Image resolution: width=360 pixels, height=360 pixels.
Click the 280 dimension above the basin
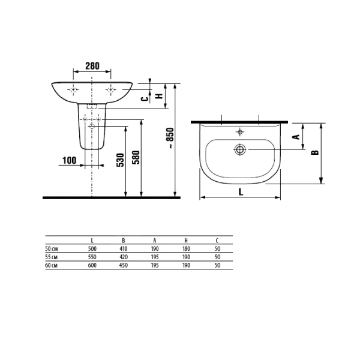point(92,66)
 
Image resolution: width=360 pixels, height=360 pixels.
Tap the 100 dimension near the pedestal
point(70,160)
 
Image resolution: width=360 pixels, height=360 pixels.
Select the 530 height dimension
point(121,160)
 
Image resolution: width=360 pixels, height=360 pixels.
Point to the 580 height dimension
point(136,157)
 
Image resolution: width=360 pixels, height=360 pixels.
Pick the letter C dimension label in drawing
point(145,99)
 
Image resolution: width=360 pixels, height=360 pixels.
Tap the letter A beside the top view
point(296,137)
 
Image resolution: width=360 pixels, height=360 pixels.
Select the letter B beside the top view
point(315,152)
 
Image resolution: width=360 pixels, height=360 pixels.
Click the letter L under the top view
point(241,192)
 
